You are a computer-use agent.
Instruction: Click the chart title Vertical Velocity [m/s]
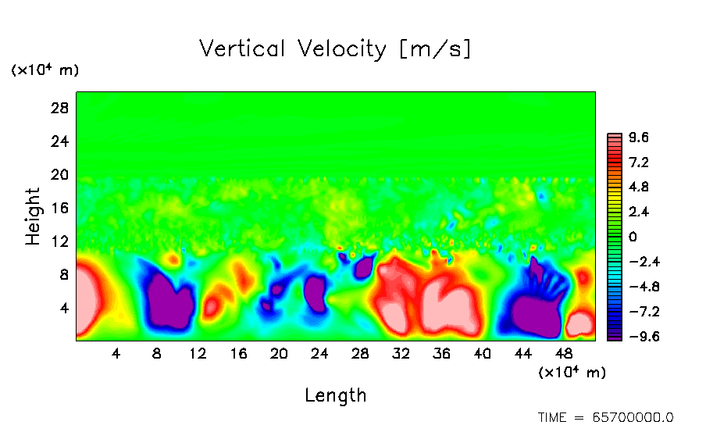click(336, 49)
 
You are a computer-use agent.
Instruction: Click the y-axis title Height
click(33, 216)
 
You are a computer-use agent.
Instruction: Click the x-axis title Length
click(336, 395)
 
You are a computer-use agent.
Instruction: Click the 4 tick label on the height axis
click(65, 308)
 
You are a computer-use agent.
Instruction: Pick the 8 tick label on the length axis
click(157, 354)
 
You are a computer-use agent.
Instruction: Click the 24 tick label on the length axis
click(319, 354)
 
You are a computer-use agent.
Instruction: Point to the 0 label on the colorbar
click(633, 237)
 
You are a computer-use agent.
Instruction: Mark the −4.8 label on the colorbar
click(644, 287)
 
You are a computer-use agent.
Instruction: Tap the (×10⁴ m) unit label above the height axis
click(45, 70)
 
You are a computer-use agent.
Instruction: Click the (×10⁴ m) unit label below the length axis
click(572, 373)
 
